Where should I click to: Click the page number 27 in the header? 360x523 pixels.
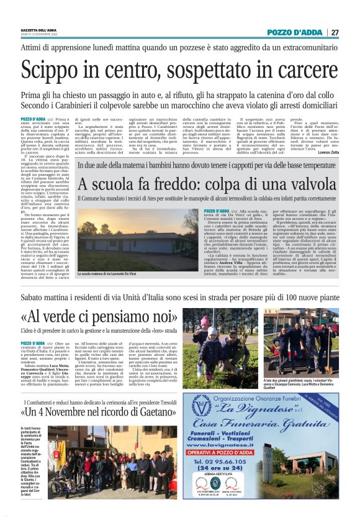tap(335, 32)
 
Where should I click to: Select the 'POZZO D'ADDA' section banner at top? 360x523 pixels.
tap(295, 32)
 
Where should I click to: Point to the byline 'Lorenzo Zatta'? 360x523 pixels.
tap(326, 152)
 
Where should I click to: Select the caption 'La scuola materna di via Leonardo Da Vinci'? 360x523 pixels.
tap(115, 274)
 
